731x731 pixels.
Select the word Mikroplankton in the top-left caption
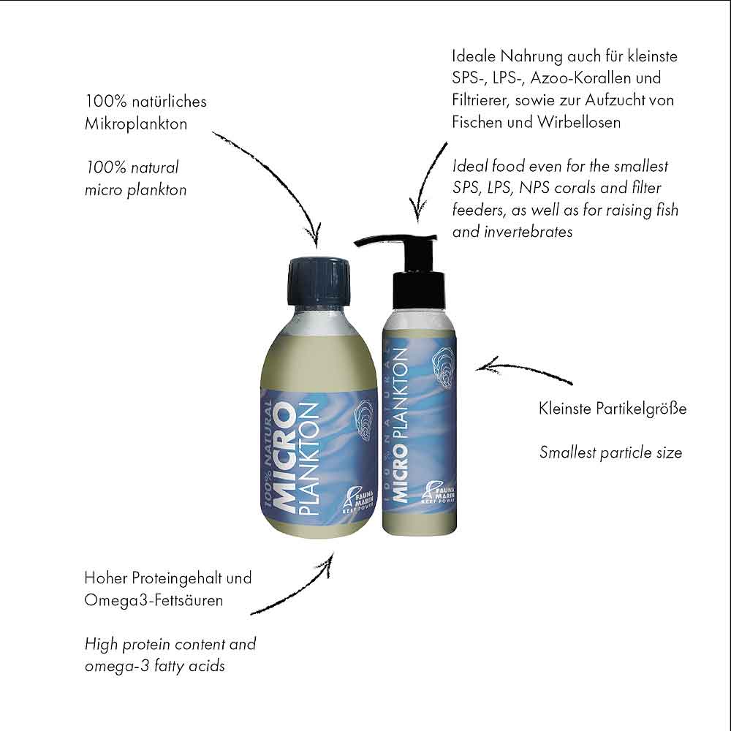pos(136,124)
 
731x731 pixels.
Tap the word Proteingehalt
pos(173,578)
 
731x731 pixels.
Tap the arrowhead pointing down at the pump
pos(417,213)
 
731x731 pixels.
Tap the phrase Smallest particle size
pos(610,452)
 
